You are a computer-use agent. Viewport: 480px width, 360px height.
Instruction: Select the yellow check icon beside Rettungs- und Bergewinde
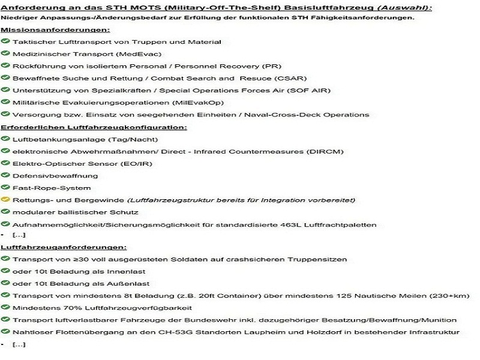[x=5, y=200]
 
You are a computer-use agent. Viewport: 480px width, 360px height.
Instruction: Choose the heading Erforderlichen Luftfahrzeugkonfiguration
[x=94, y=127]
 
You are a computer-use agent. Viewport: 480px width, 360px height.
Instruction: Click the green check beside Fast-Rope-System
[x=5, y=188]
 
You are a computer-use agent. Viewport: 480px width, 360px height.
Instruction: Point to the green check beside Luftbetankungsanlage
[x=5, y=139]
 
